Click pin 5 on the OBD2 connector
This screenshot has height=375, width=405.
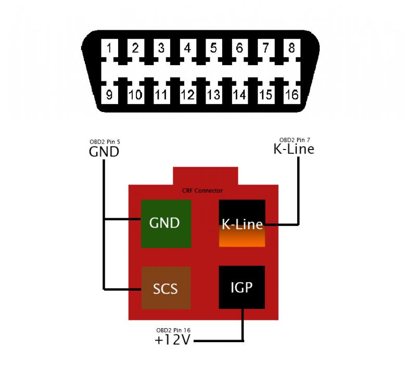pos(213,48)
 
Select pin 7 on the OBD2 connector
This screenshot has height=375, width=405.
pos(265,48)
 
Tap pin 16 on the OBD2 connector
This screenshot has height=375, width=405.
pos(292,95)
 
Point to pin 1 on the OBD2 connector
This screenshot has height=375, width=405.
pos(109,48)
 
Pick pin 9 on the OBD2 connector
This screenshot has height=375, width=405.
pos(109,95)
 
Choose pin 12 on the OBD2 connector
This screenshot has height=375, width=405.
pos(187,95)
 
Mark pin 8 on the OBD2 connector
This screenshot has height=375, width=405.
pos(292,48)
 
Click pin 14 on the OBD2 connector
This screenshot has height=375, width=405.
pos(239,95)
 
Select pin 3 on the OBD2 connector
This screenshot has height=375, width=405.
pos(161,48)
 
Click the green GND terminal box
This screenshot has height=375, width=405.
pos(166,223)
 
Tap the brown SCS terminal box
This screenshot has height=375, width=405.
pos(166,288)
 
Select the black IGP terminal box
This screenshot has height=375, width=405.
pos(242,286)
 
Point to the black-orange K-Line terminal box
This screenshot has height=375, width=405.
pos(242,223)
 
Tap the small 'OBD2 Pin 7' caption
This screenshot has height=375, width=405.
pos(294,140)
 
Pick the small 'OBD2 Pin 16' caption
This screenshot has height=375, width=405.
pos(172,330)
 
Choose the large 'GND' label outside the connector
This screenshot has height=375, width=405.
pos(104,152)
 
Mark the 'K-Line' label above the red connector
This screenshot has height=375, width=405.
pos(294,149)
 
